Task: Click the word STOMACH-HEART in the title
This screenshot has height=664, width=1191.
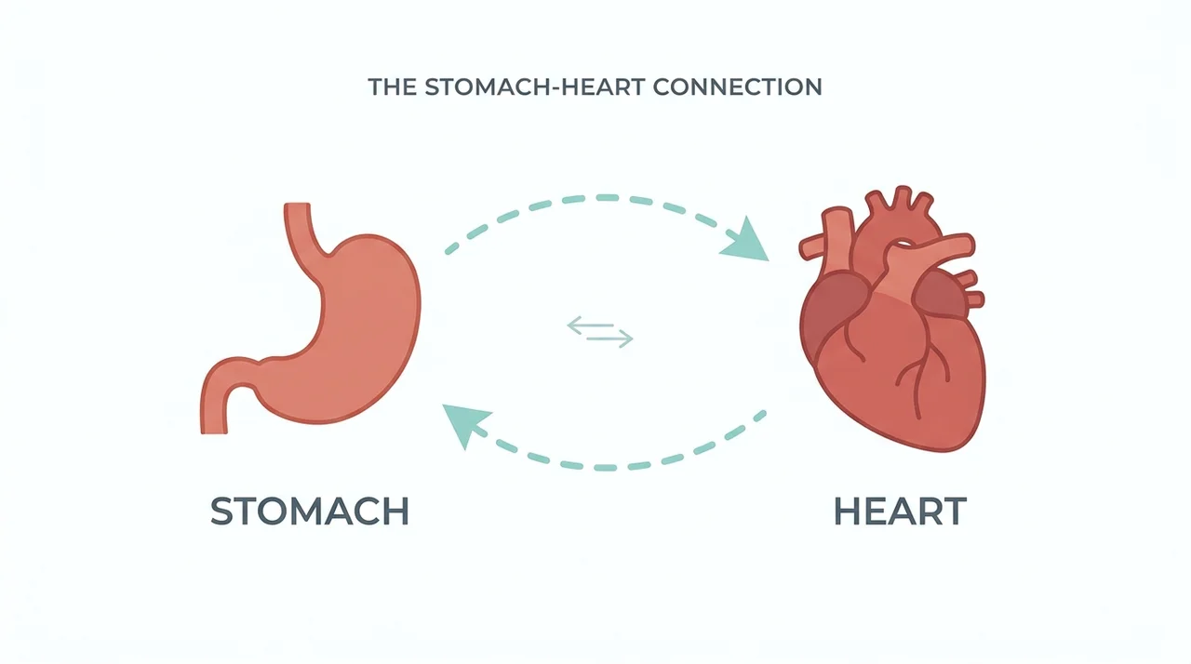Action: pos(535,87)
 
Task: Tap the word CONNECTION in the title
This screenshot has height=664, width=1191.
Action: pos(738,87)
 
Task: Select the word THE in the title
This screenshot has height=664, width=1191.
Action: pos(393,87)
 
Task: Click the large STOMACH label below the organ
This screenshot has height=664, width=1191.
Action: pos(310,511)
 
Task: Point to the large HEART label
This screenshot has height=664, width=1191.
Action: pos(900,511)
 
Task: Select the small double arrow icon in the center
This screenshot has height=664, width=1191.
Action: pos(600,332)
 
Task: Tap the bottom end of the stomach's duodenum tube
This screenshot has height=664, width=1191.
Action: pos(214,431)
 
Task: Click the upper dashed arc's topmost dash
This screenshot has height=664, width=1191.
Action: pos(608,198)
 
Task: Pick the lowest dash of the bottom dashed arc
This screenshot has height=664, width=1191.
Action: pos(605,468)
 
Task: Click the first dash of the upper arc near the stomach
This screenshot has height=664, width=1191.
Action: pos(452,248)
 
